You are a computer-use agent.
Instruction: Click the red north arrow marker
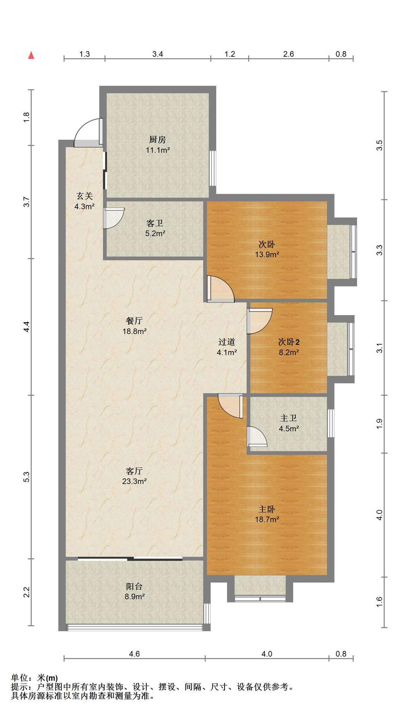31,55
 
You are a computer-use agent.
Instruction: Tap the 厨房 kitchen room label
157,140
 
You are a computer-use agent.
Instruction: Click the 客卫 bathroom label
155,223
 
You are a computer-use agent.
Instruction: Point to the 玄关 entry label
84,196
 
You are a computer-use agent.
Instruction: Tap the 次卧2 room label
289,342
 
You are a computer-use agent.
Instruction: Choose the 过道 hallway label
227,342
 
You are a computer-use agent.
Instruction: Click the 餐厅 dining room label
134,321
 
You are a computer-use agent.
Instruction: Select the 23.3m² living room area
134,481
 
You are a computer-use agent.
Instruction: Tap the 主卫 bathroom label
289,418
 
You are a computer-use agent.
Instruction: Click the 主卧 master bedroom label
267,509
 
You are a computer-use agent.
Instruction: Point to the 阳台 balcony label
134,586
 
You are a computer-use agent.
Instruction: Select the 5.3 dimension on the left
26,477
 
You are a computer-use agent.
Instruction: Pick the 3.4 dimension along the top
158,54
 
